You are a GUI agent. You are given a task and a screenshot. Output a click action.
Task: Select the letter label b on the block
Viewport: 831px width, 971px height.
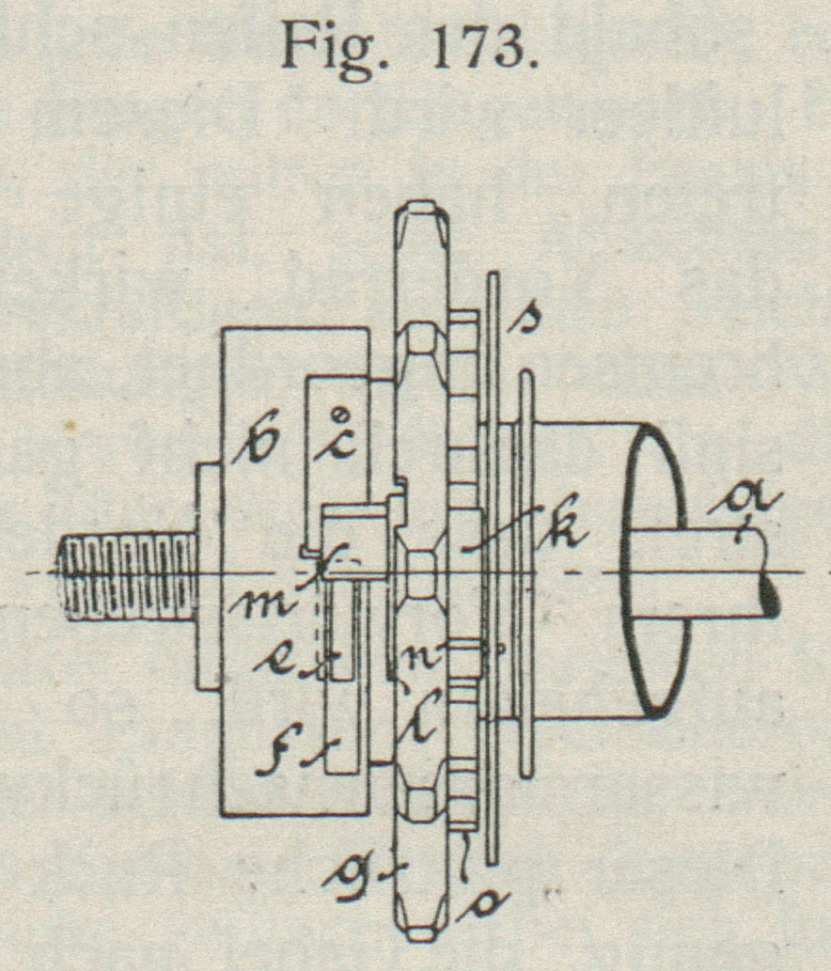pyautogui.click(x=255, y=442)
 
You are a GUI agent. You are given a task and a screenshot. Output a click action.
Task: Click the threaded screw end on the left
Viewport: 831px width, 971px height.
pyautogui.click(x=127, y=572)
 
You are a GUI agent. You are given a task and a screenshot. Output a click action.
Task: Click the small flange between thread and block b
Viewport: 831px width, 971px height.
pyautogui.click(x=208, y=576)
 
